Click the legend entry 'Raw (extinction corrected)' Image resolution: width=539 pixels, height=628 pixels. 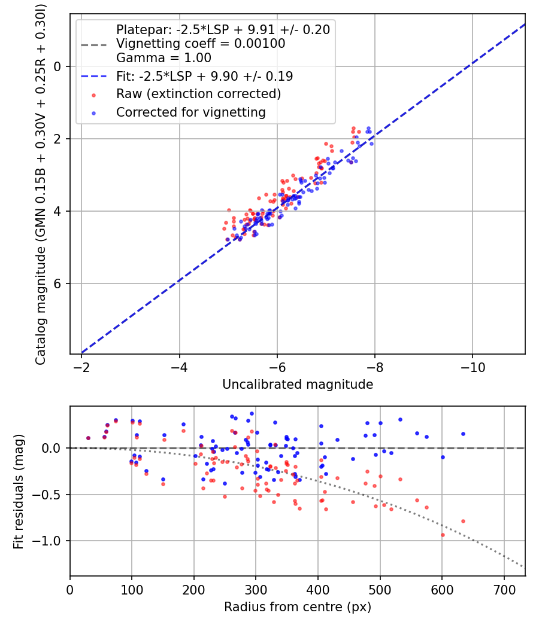[x=198, y=94]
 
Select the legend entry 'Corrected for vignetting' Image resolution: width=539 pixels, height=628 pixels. [x=191, y=112]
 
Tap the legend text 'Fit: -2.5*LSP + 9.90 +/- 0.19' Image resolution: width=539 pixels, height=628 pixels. [x=204, y=77]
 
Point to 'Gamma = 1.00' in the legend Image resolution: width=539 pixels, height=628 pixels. [x=163, y=59]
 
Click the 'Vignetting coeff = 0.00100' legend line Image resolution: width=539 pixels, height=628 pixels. [x=201, y=44]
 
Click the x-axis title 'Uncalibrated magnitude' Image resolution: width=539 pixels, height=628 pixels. [x=298, y=385]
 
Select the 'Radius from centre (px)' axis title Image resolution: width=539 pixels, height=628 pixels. [x=298, y=607]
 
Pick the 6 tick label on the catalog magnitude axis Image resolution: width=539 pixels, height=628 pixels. [x=58, y=283]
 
